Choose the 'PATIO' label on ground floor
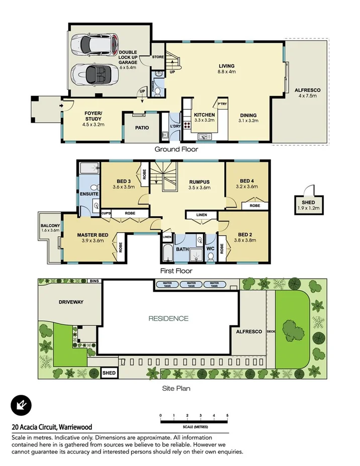point(142,128)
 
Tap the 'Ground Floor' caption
point(176,149)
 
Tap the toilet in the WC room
point(210,255)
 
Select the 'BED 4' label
point(246,181)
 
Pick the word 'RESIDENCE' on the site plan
point(168,318)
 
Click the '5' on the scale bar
point(228,415)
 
